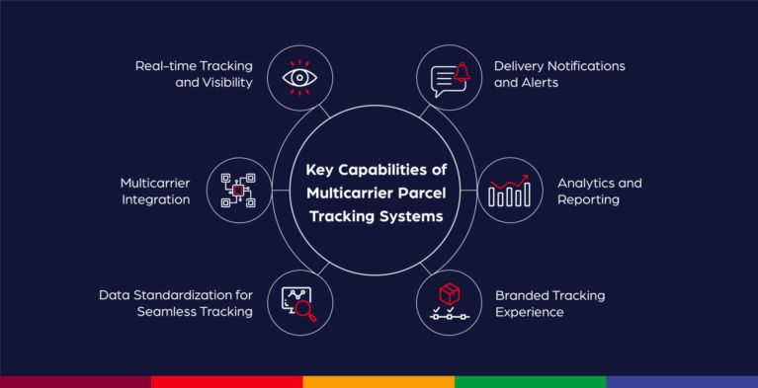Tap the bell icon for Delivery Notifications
coord(449,77)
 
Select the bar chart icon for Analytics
coord(510,191)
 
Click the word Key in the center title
coord(321,168)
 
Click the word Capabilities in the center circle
coord(382,168)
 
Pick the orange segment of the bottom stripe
coord(379,381)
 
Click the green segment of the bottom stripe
coord(530,381)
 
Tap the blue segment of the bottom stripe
coord(682,381)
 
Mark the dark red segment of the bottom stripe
coord(75,381)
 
